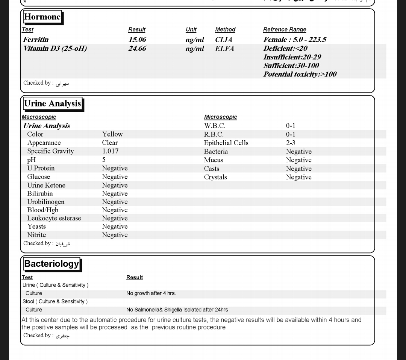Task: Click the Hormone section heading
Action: [x=42, y=17]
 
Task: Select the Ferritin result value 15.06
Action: [x=137, y=39]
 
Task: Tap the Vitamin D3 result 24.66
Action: [x=137, y=49]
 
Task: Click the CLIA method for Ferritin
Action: [x=224, y=39]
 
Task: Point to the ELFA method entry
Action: [x=224, y=49]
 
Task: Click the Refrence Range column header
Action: [x=285, y=30]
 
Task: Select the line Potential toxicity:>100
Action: [x=300, y=74]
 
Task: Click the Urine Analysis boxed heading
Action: [x=52, y=104]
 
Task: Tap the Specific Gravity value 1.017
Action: [x=110, y=151]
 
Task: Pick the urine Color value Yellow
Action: [x=112, y=134]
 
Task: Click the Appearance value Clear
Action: [x=110, y=143]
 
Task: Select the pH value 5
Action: [x=104, y=160]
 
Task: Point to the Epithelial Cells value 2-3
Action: [x=291, y=143]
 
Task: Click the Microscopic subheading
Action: [x=220, y=117]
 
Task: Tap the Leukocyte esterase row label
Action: [x=54, y=218]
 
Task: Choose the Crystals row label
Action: [x=215, y=177]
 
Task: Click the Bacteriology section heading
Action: [x=52, y=264]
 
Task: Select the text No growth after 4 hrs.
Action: [x=151, y=293]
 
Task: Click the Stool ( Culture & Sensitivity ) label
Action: [x=55, y=302]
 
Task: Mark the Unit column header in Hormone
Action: [x=191, y=30]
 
